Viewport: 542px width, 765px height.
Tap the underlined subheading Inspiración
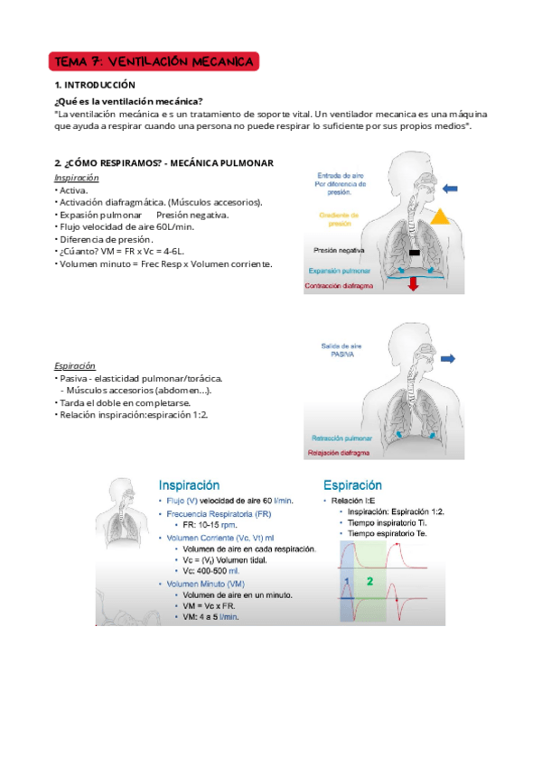pyautogui.click(x=77, y=179)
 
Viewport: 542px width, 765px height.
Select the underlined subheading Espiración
pyautogui.click(x=75, y=366)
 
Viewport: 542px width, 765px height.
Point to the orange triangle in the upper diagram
pyautogui.click(x=441, y=216)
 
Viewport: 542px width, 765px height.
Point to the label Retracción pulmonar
pyautogui.click(x=340, y=436)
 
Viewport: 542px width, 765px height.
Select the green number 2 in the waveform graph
pyautogui.click(x=369, y=582)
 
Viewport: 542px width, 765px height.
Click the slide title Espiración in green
pyautogui.click(x=352, y=485)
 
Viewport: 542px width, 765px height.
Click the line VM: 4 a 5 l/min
pyautogui.click(x=215, y=616)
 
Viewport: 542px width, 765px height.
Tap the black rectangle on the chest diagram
pyautogui.click(x=414, y=253)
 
